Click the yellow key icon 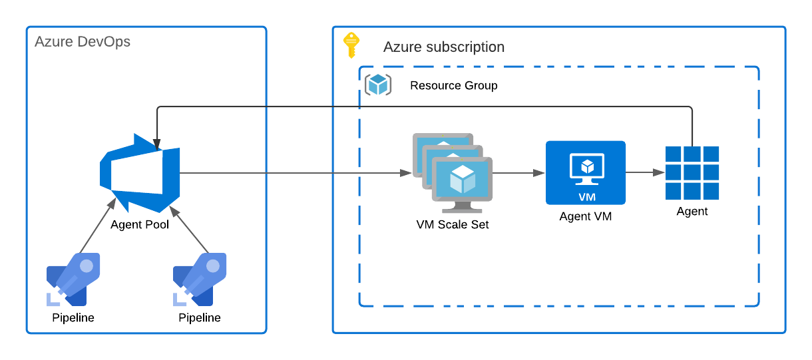(x=351, y=45)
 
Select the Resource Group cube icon (x=378, y=85)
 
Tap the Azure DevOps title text (x=83, y=42)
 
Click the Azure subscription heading (x=444, y=47)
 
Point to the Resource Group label (x=453, y=86)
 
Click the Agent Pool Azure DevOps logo (x=140, y=173)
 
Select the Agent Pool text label (x=140, y=225)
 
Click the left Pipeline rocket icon (x=73, y=279)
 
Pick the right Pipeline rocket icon (x=200, y=279)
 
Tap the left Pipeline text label (x=73, y=317)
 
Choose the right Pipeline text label (x=200, y=317)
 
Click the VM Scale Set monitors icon (x=453, y=173)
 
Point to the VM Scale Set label (x=453, y=225)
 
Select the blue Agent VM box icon (x=586, y=172)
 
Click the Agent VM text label (x=586, y=216)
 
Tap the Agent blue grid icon (x=692, y=173)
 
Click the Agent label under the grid (x=692, y=212)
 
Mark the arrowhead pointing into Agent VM (x=539, y=173)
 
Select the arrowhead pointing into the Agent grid (x=659, y=172)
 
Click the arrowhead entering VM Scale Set (x=406, y=173)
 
